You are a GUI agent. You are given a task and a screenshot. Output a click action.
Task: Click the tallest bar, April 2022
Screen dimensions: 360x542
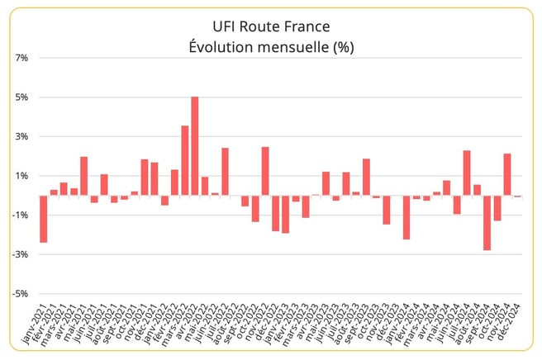194,146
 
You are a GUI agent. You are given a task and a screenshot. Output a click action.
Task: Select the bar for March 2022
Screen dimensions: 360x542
184,160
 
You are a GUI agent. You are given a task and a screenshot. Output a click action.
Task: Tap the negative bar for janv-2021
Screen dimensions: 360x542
43,219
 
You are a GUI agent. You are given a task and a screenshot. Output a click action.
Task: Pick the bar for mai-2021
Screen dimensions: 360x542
83,176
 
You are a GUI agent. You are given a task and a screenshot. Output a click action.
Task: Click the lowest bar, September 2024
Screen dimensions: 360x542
487,223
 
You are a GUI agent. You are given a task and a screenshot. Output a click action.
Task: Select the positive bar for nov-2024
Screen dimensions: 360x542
506,174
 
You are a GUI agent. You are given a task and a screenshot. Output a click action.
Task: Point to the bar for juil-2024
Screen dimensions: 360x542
467,173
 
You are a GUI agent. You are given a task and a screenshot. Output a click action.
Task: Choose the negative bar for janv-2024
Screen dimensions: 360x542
406,217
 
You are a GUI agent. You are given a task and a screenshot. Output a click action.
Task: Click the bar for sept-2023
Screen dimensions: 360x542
366,177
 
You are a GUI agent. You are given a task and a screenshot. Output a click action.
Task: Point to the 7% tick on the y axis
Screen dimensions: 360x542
21,58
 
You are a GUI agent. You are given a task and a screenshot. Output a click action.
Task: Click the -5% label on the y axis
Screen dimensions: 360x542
21,294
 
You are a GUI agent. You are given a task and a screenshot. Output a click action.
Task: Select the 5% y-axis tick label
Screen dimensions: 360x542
21,97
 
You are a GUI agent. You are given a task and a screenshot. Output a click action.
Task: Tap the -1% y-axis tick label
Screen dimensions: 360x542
21,216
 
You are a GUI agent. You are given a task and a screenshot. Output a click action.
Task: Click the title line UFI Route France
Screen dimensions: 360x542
271,27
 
